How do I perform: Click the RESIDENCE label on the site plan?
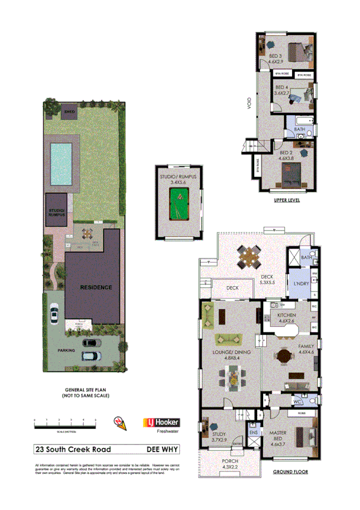click(96, 288)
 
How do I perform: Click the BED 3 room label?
click(275, 58)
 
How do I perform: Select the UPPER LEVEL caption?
click(286, 201)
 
